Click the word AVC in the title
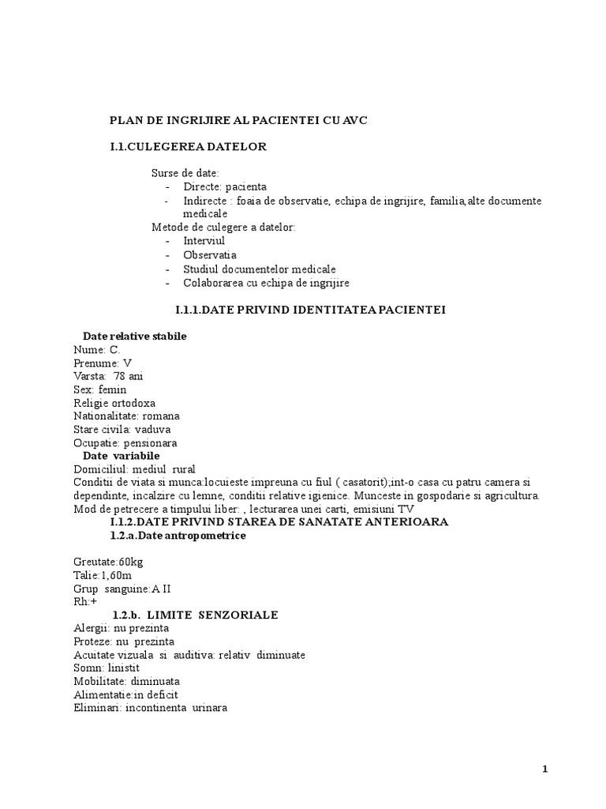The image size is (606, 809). tap(354, 120)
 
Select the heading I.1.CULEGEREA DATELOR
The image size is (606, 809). tap(188, 146)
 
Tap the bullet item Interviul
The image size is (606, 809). tap(204, 240)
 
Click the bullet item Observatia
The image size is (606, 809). tap(210, 254)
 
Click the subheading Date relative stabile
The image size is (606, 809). tap(135, 336)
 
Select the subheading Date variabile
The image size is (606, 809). tap(122, 457)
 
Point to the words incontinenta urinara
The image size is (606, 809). tap(178, 708)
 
